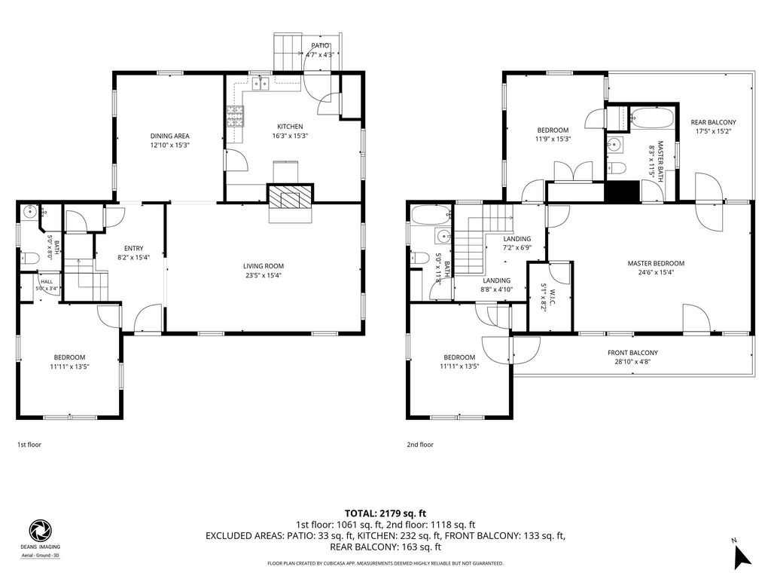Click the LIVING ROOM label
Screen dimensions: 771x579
tap(264, 266)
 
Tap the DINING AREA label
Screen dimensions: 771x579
tap(169, 136)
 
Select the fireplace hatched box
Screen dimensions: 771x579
tap(290, 195)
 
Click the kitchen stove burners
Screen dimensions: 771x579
tap(236, 117)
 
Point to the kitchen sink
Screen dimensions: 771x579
tap(261, 84)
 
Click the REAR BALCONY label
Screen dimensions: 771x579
tap(714, 122)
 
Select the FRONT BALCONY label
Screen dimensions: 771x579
tap(632, 353)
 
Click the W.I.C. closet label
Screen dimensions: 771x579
tap(552, 296)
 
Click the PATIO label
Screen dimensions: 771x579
tap(320, 46)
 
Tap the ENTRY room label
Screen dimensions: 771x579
tap(134, 249)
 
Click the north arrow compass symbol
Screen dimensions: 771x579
tap(742, 556)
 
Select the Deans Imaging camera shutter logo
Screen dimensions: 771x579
tap(40, 531)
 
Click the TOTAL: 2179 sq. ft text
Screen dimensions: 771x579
tap(385, 514)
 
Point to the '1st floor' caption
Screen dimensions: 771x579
tap(29, 445)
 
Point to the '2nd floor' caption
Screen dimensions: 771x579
tap(420, 445)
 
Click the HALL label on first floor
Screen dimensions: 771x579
tap(47, 282)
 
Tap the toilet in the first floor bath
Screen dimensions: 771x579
tap(29, 258)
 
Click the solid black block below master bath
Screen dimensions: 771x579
tap(622, 191)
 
